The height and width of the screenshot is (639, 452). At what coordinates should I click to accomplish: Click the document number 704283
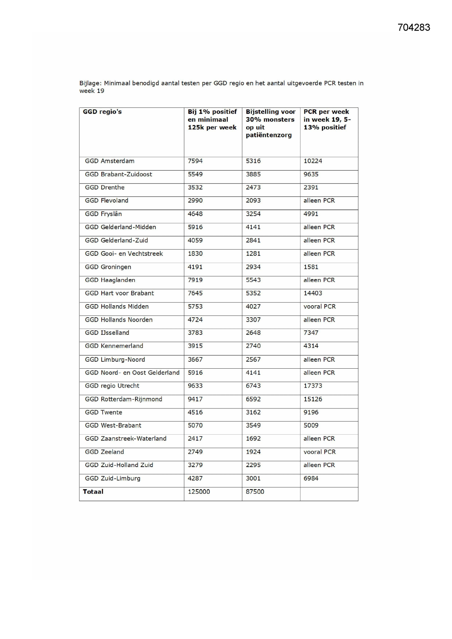[x=414, y=28]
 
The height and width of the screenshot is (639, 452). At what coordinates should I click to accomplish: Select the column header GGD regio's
[x=102, y=112]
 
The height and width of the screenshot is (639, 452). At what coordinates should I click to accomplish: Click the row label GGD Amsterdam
[x=110, y=161]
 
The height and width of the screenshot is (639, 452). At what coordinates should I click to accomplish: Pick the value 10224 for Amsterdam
[x=313, y=161]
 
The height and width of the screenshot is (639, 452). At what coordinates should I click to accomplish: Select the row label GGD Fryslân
[x=103, y=214]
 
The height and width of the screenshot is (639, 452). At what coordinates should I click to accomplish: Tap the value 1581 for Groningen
[x=311, y=267]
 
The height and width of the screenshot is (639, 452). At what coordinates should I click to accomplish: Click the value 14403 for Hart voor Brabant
[x=313, y=293]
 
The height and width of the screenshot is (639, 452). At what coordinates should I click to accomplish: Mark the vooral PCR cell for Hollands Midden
[x=319, y=306]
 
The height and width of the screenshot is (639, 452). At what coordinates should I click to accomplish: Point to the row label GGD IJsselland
[x=107, y=333]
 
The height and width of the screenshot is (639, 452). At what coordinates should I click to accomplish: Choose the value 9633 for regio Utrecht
[x=195, y=386]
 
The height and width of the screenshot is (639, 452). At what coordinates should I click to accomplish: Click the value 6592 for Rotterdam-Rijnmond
[x=253, y=399]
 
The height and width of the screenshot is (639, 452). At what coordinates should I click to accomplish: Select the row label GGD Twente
[x=103, y=412]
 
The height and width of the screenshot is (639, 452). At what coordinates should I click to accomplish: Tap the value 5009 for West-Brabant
[x=311, y=426]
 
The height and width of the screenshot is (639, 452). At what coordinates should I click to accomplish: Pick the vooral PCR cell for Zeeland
[x=319, y=452]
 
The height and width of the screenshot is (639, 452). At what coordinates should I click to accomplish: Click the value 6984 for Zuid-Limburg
[x=311, y=478]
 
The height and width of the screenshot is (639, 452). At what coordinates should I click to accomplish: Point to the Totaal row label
[x=93, y=491]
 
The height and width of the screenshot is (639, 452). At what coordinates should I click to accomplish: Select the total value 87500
[x=255, y=491]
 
